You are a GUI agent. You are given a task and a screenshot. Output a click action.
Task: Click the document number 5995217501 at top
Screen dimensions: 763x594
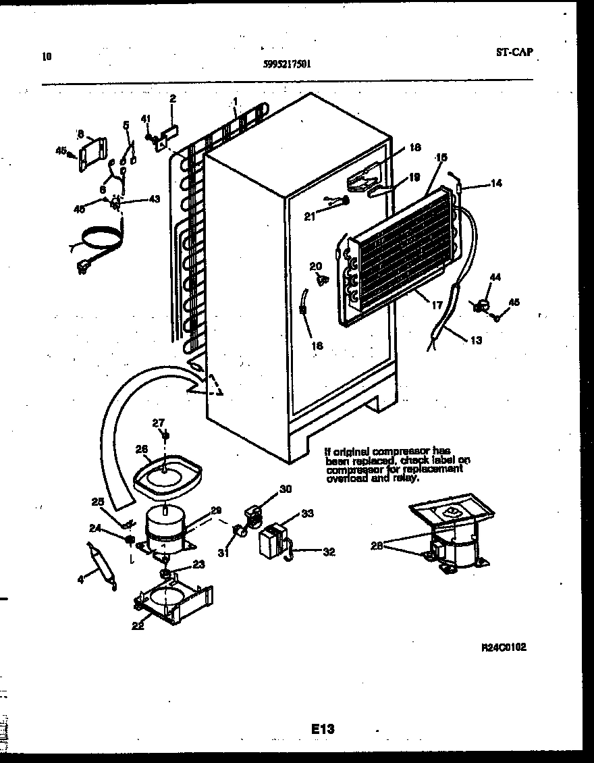tap(287, 63)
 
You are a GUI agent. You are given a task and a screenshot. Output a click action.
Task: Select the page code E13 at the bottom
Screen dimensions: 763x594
tap(323, 729)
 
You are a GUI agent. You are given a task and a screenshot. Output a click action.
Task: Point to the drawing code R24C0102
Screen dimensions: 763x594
tap(504, 646)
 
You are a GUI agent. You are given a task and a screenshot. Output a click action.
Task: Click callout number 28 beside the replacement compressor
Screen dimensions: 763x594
tap(376, 546)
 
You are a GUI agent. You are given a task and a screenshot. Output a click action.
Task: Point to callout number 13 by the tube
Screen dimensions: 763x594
tap(477, 340)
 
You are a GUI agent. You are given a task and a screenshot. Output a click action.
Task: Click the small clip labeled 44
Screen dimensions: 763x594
tap(481, 305)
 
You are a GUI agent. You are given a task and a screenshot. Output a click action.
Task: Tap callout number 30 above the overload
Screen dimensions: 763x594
tap(285, 490)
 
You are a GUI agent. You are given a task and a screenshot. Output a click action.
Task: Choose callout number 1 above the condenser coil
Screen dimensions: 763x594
tap(235, 101)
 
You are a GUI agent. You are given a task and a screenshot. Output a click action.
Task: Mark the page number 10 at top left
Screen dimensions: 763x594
tap(46, 57)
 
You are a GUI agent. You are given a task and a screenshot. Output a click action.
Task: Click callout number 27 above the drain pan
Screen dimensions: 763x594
tap(158, 423)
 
